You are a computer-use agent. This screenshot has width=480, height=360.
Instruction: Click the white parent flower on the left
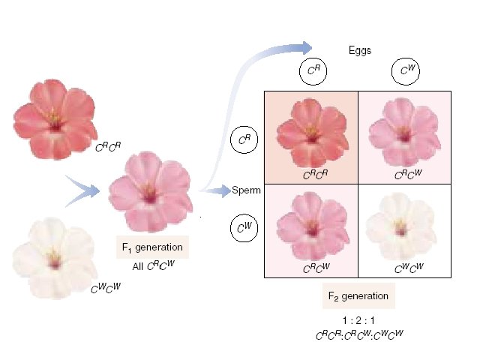[x=52, y=255]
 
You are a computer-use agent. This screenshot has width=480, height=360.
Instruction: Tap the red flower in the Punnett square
[x=310, y=135]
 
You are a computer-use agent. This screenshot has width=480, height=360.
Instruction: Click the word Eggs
[x=362, y=51]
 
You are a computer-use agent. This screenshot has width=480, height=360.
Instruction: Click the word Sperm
[x=246, y=190]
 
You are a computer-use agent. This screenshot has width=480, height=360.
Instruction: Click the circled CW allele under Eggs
[x=406, y=73]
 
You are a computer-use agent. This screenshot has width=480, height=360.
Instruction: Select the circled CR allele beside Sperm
[x=244, y=139]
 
